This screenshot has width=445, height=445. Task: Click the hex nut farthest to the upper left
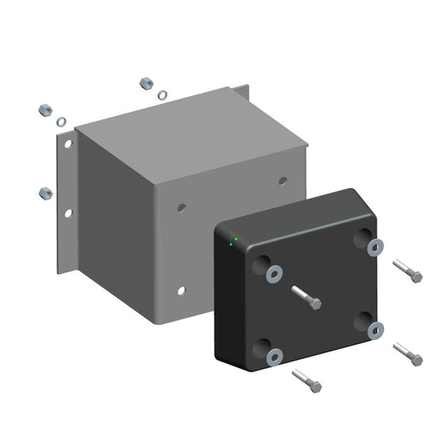tap(46, 109)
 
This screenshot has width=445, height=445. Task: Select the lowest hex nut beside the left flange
tap(46, 193)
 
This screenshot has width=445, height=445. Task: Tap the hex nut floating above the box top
tap(144, 83)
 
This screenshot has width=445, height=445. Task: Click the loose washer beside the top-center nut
tap(162, 95)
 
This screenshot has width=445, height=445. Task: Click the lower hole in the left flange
tap(68, 214)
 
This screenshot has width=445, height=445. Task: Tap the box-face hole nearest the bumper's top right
tap(282, 180)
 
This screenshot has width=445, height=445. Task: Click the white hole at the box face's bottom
tap(180, 291)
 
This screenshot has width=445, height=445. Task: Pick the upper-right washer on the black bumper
tap(376, 246)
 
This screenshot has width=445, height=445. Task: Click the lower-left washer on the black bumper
tap(274, 357)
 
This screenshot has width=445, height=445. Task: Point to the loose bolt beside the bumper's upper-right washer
tap(407, 271)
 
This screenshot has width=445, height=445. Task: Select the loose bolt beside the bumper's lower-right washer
tap(407, 354)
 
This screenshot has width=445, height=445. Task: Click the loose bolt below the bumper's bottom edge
tap(306, 382)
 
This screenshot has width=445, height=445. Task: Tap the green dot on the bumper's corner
tap(236, 240)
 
